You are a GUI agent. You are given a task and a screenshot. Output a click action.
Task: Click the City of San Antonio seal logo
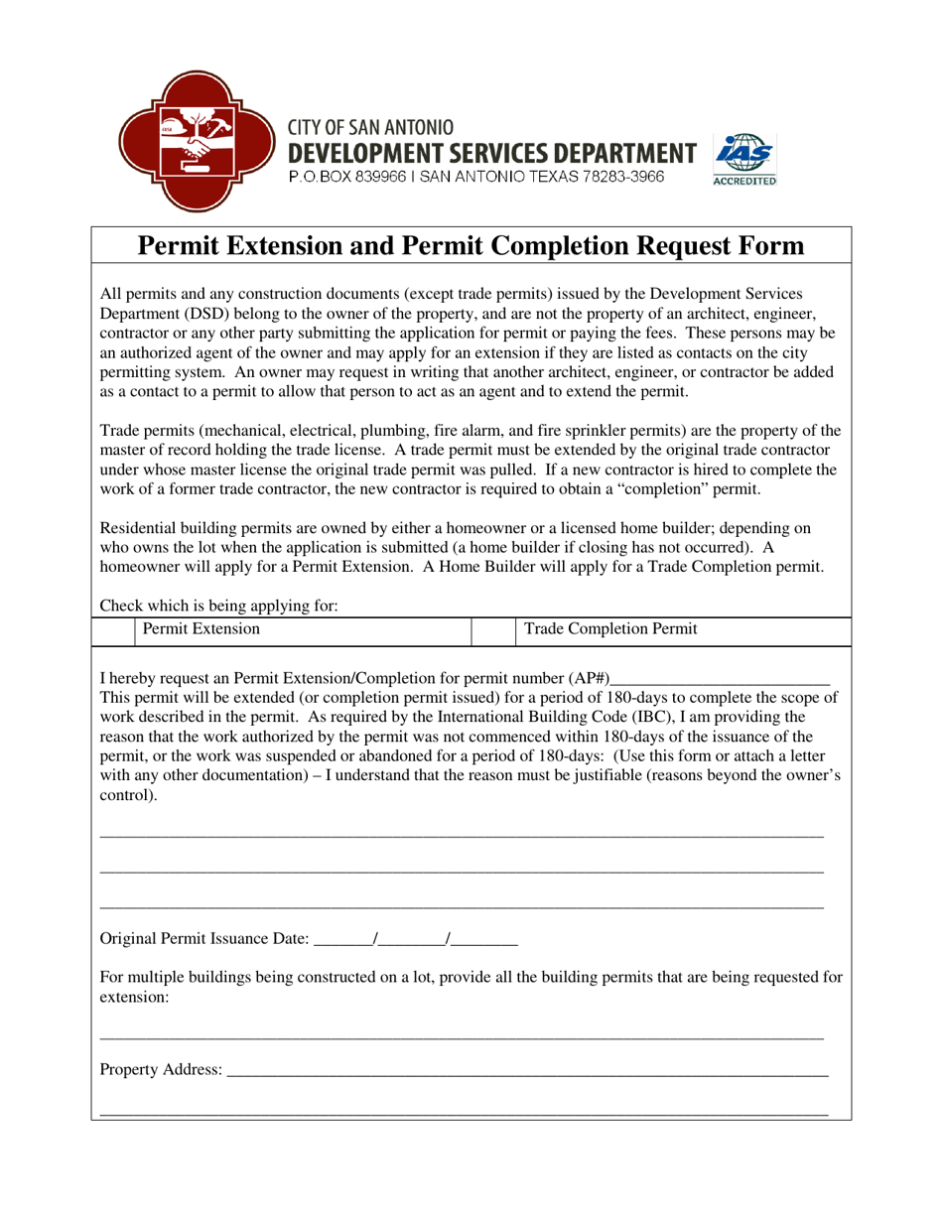tap(196, 140)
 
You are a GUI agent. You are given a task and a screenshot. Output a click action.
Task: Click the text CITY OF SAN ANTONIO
tap(371, 128)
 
